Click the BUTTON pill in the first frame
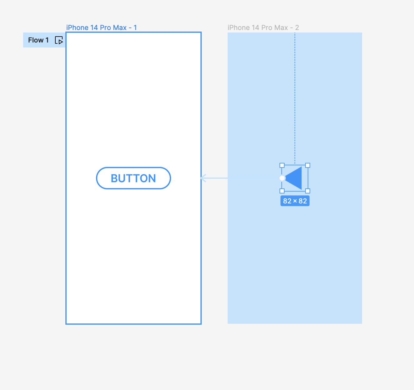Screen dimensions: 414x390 pos(134,178)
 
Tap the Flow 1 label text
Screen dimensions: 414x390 pos(38,40)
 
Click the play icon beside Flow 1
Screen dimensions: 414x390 pos(59,40)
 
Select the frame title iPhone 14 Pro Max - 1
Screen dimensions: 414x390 pos(101,27)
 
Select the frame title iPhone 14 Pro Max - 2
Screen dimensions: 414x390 pos(263,27)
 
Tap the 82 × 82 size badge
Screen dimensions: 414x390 pos(295,201)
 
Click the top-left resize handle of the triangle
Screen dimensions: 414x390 pos(282,165)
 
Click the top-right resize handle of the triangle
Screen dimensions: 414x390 pos(308,165)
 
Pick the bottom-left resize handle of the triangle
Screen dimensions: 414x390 pos(282,191)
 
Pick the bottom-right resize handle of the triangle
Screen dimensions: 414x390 pos(308,191)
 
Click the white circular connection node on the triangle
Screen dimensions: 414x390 pos(282,178)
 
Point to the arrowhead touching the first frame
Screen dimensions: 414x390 pos(203,178)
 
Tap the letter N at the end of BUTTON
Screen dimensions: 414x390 pos(152,178)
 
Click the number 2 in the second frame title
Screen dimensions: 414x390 pos(297,27)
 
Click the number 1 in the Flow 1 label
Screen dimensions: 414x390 pos(47,40)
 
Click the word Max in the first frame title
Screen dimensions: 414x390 pos(120,27)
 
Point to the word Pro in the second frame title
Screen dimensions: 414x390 pos(267,27)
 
